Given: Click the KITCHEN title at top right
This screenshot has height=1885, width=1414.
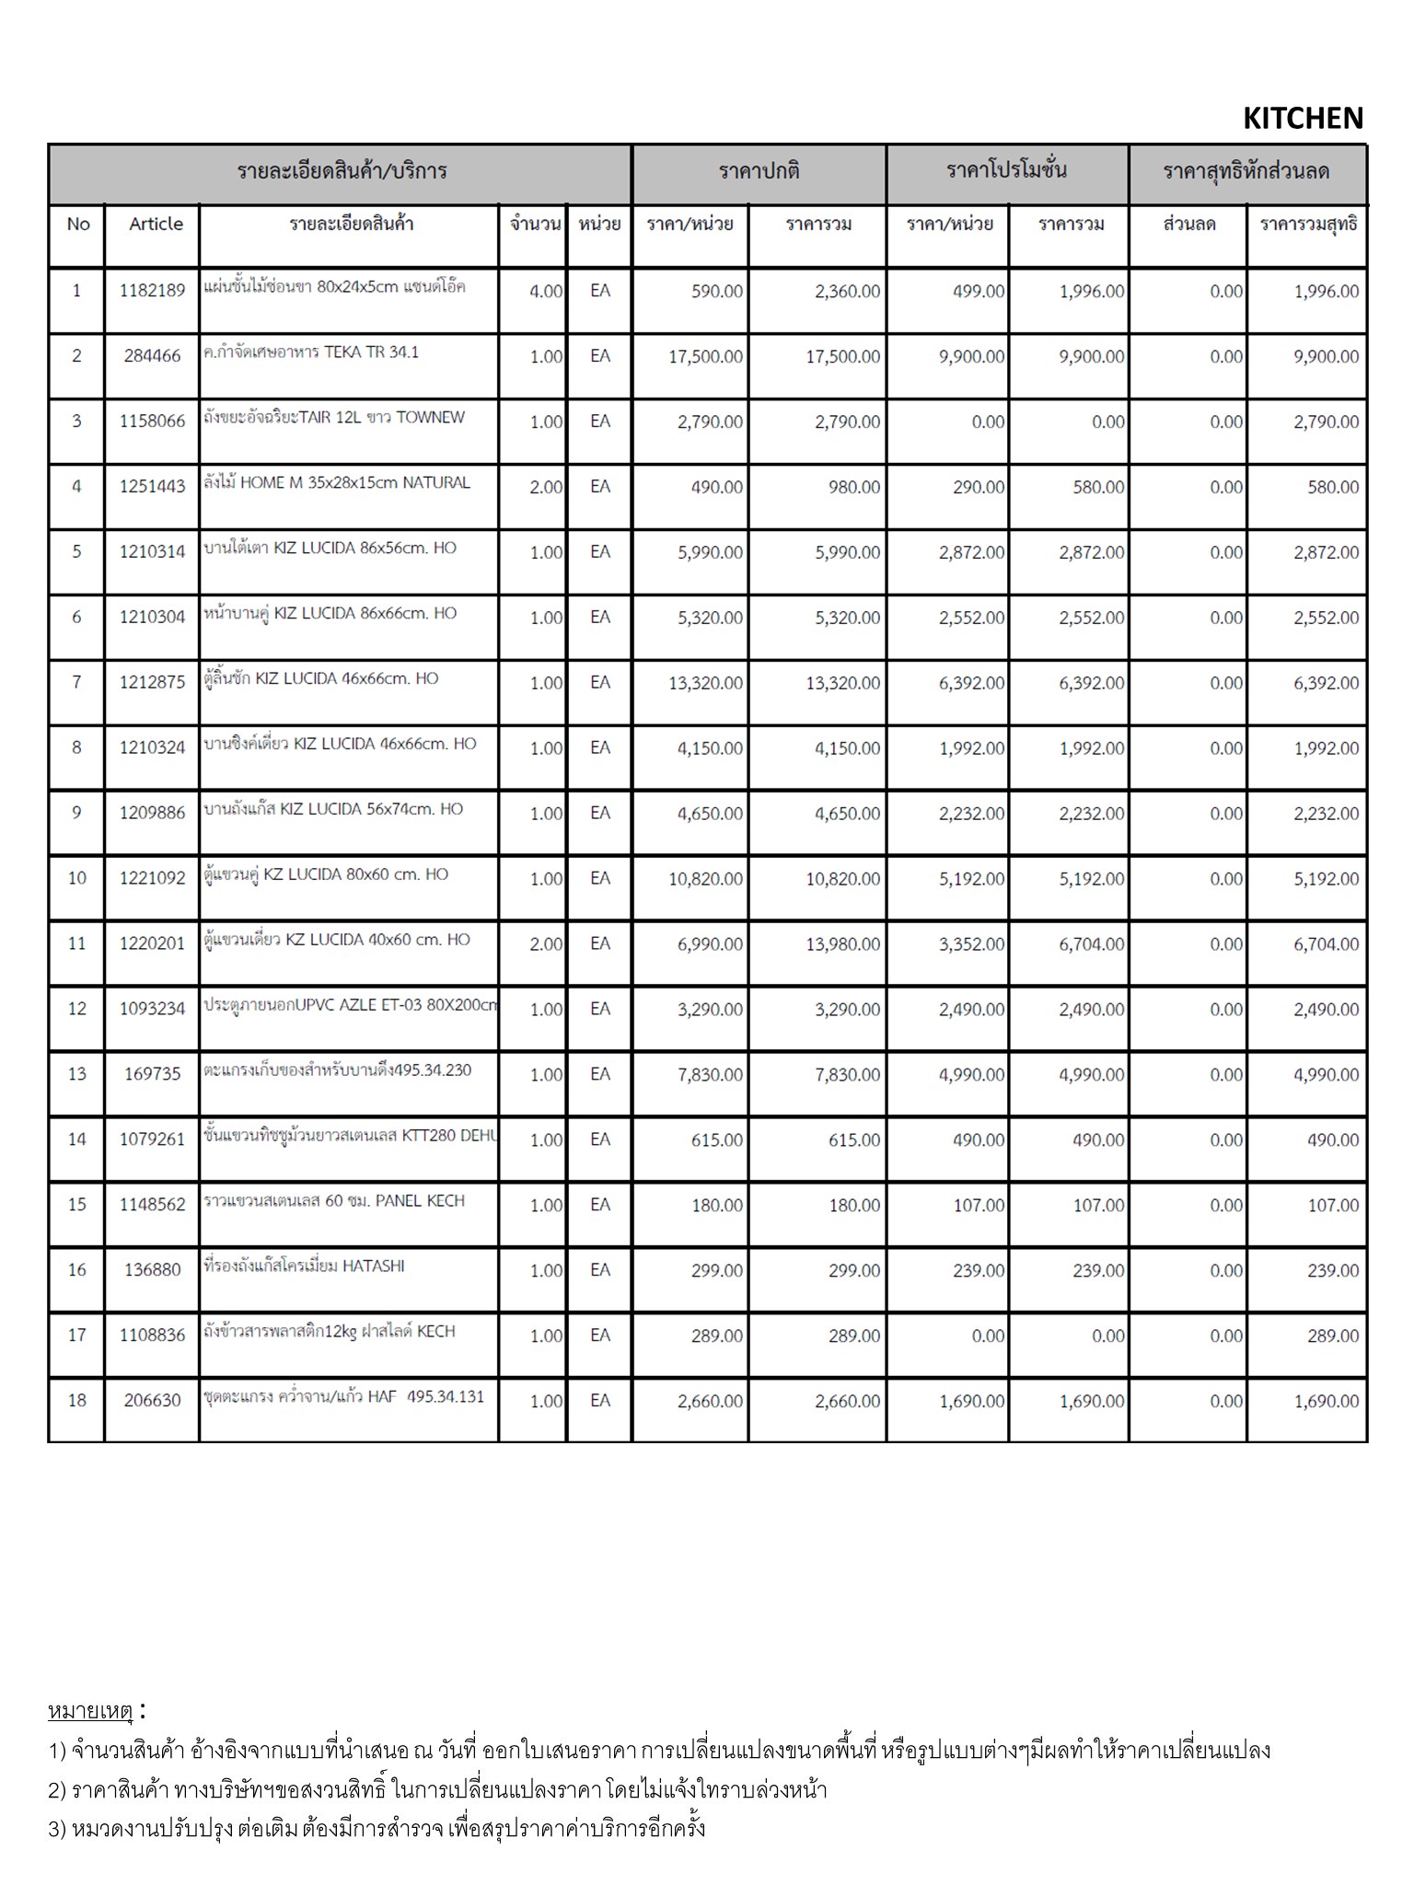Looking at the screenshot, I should point(1302,118).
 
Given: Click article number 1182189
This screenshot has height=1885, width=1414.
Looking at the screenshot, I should point(152,291).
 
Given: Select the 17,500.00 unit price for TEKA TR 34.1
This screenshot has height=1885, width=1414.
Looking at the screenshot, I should point(705,356).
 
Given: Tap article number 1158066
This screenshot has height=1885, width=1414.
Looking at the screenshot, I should point(152,422).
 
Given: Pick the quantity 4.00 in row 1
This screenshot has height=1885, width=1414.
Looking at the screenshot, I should point(545,291).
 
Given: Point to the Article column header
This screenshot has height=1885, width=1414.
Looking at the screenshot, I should point(156,224).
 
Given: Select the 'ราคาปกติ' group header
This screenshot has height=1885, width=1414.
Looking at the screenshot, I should point(759,171).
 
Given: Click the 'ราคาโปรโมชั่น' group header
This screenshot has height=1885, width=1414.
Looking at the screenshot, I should point(1006,171).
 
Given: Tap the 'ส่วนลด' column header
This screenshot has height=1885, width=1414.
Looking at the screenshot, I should point(1188,224).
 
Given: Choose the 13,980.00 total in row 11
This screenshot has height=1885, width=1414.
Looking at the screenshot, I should point(842,944).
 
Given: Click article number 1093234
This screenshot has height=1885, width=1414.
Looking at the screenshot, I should point(152,1009).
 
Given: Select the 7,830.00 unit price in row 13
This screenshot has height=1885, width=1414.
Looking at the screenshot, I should point(710,1074).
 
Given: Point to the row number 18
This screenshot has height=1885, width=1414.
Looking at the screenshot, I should point(76,1401).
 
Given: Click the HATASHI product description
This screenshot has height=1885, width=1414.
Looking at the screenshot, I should point(304,1266).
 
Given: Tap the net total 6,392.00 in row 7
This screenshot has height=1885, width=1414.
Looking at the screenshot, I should point(1326,683).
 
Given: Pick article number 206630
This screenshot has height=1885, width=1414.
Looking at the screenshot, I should point(152,1401).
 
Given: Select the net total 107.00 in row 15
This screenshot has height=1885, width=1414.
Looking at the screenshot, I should point(1333,1205).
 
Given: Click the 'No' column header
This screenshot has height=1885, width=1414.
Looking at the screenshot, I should point(78,224).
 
